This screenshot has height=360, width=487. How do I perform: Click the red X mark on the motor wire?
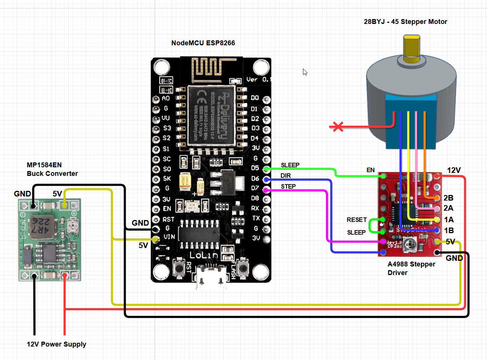[338, 127]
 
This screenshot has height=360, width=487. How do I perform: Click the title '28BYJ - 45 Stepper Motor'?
[405, 22]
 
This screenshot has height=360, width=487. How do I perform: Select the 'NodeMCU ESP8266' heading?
[203, 43]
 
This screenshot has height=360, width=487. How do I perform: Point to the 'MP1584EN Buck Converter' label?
[52, 169]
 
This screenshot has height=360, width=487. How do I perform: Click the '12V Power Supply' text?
[56, 344]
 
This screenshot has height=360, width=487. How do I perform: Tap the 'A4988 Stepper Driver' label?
[411, 268]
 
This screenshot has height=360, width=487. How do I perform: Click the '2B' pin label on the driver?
[448, 198]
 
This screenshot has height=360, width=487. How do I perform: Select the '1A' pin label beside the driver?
[449, 220]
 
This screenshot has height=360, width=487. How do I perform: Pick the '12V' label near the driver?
[454, 170]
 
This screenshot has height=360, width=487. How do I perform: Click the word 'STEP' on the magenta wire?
[288, 186]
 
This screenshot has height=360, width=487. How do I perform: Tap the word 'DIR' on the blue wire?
[286, 176]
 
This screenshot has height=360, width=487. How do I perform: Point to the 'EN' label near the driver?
[370, 170]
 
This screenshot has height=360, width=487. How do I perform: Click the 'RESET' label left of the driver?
[356, 220]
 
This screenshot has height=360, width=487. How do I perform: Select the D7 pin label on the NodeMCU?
[255, 188]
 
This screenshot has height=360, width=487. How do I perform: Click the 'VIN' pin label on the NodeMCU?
[169, 237]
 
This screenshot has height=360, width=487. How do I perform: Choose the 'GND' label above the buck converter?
[22, 194]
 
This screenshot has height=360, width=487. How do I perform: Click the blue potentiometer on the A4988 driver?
[411, 245]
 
